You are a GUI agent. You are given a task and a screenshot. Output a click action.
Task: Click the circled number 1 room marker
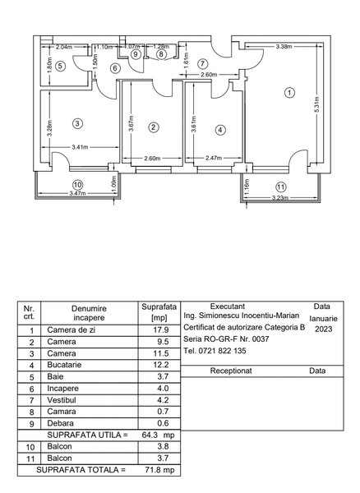289,93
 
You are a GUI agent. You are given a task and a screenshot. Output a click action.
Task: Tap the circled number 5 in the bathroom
60,67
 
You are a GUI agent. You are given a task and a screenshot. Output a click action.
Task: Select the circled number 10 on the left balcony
77,185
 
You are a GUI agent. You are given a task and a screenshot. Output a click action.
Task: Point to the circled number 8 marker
161,54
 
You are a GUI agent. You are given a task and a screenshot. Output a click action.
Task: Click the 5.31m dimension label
317,104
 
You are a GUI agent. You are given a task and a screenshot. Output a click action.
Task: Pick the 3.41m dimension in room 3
80,147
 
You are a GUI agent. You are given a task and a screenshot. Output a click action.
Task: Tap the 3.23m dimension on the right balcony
280,198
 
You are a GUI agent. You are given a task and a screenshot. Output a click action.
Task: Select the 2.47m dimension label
214,158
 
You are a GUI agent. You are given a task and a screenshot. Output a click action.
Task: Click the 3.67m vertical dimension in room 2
132,123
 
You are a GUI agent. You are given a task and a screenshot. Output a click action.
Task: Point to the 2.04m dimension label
64,48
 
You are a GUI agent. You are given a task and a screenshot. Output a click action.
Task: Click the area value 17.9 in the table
161,329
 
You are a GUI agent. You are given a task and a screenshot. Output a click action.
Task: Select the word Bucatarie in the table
64,365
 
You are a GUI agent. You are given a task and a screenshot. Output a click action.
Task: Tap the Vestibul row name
62,400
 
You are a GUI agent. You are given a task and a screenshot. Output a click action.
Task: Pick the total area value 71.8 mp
159,470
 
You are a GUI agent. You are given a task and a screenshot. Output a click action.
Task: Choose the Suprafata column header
159,307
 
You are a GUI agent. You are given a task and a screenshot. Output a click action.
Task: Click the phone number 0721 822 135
222,351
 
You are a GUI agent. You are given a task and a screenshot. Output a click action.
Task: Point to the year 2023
324,329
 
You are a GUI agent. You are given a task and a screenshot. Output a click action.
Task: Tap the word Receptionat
231,371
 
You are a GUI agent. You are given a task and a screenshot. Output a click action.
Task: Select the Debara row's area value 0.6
163,423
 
